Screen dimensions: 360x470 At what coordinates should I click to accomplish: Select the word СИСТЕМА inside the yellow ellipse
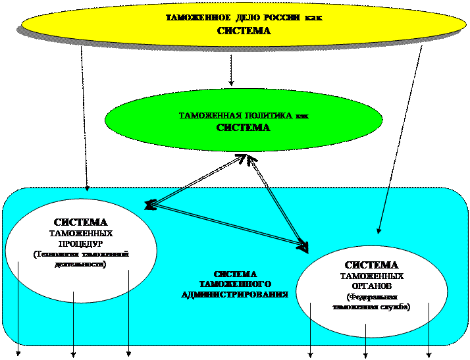[x=244, y=30]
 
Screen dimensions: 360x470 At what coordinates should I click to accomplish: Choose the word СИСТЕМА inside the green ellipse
[x=244, y=127]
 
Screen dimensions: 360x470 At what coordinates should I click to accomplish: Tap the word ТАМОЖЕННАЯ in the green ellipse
[x=209, y=116]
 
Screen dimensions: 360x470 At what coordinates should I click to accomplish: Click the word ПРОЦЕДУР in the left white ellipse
[x=81, y=243]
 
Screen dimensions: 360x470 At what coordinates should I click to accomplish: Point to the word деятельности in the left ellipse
[x=81, y=263]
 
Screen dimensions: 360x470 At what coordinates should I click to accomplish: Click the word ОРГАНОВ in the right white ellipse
[x=372, y=286]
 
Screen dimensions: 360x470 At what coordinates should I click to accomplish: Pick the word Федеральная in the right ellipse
[x=372, y=297]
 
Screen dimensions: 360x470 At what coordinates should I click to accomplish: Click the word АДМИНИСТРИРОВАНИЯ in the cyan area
[x=235, y=294]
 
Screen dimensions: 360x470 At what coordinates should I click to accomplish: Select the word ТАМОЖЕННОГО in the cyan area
[x=235, y=284]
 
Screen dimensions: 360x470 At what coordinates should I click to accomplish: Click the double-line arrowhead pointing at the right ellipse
[x=303, y=247]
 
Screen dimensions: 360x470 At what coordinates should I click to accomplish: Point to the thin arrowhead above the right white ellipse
[x=379, y=230]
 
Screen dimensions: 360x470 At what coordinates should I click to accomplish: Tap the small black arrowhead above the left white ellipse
[x=88, y=190]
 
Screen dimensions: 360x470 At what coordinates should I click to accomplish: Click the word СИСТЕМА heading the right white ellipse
[x=372, y=265]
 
